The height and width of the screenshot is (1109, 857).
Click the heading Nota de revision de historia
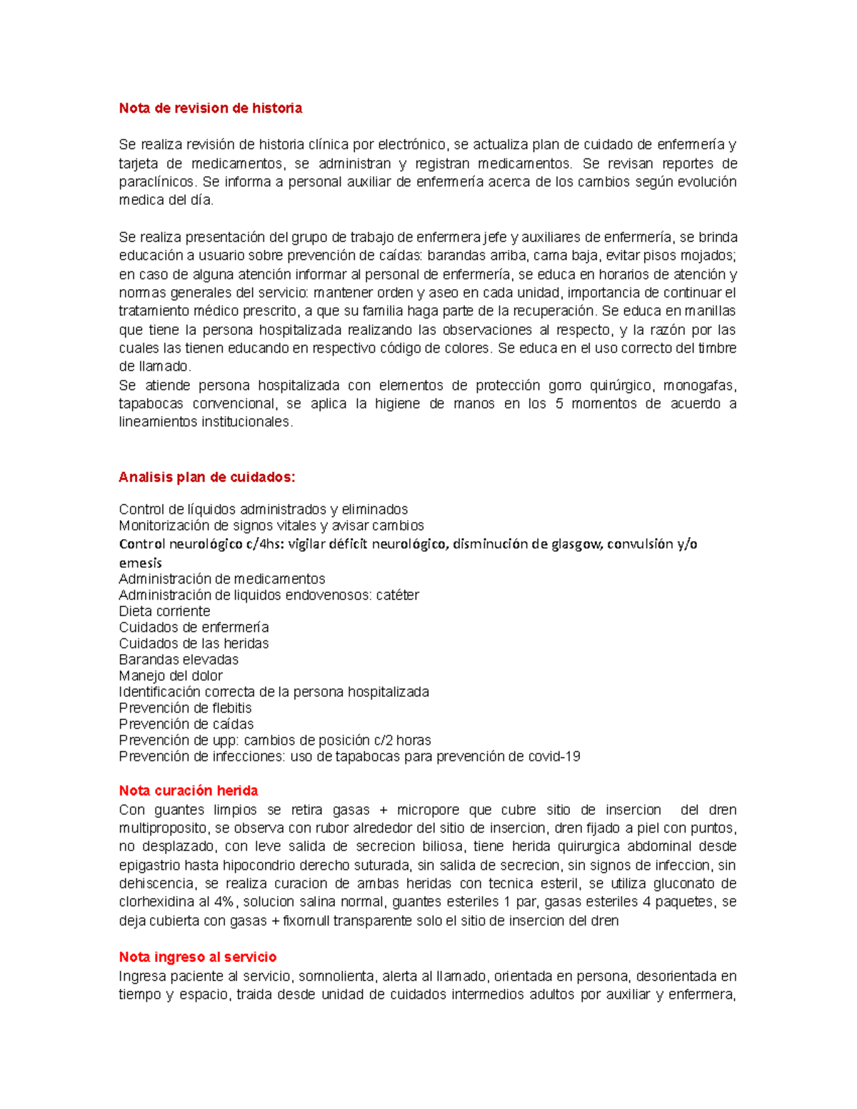point(210,109)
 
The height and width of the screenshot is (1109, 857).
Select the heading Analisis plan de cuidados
point(206,478)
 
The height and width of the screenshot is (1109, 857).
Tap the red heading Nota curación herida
point(188,791)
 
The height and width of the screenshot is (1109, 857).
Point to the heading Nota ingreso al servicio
point(197,957)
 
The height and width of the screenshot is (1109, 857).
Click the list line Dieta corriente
point(164,611)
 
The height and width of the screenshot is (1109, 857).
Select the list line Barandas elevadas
point(179,660)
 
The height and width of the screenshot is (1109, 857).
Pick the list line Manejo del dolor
point(171,676)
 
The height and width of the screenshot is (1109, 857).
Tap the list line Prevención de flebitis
point(185,708)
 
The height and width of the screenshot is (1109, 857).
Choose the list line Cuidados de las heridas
point(194,643)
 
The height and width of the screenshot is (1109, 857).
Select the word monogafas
point(698,386)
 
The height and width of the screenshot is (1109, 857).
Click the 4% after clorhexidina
point(224,902)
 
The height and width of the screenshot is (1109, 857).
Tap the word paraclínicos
point(156,182)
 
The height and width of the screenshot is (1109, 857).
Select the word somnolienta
point(336,976)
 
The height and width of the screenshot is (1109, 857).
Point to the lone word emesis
point(140,563)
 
